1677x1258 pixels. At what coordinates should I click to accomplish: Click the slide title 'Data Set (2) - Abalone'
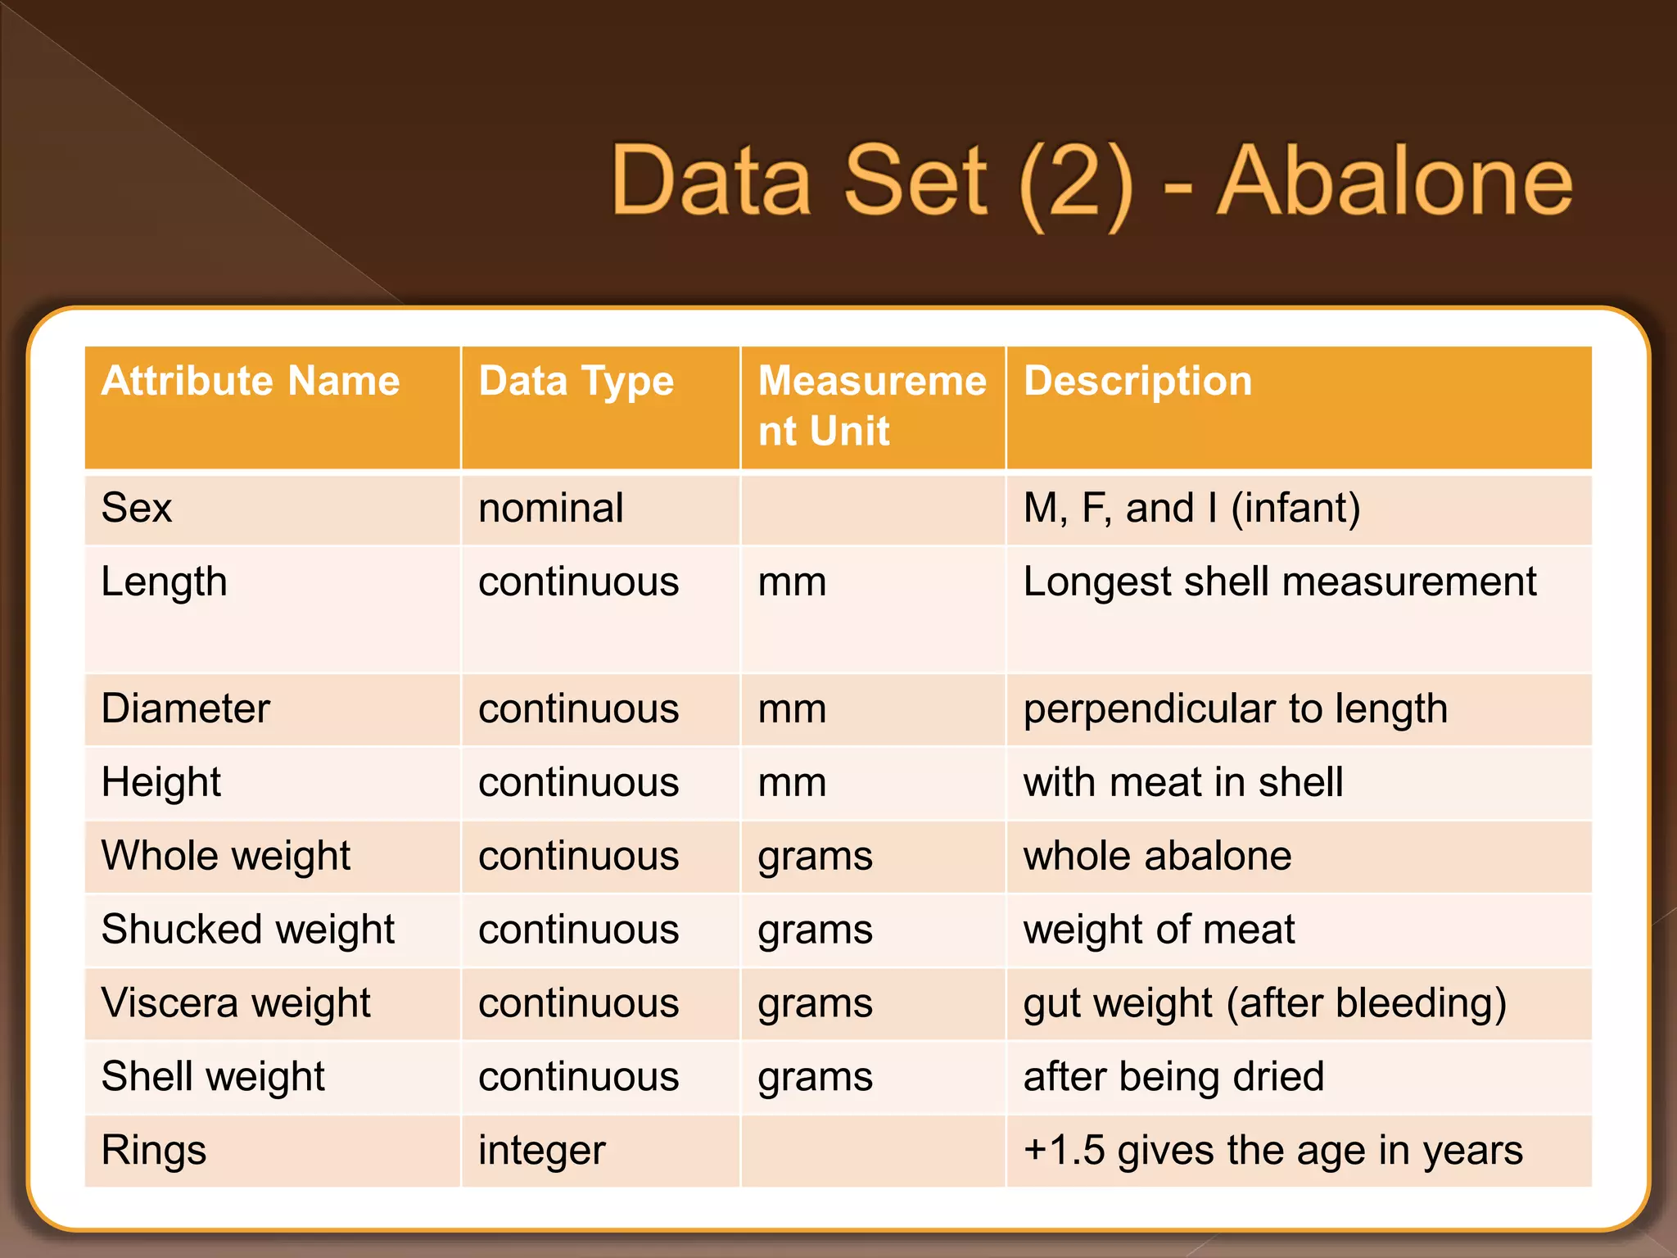point(1091,181)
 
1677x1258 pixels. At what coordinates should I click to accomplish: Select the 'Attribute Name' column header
point(251,382)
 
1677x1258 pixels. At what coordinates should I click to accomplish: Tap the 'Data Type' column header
point(576,382)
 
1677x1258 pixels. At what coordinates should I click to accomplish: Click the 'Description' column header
point(1137,382)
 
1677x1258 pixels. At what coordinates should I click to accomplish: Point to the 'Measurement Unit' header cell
point(872,405)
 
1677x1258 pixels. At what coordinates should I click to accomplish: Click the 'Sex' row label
point(137,508)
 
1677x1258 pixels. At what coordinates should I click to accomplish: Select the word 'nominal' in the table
point(550,508)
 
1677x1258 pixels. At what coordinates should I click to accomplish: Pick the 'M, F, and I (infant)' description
point(1191,508)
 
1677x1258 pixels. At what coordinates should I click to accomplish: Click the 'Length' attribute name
point(164,582)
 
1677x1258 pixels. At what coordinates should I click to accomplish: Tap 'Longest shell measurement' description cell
point(1279,582)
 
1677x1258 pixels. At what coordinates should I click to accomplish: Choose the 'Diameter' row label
point(185,708)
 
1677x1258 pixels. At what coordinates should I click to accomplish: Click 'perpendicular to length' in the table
point(1235,708)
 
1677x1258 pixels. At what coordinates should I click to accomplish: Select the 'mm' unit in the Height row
point(792,782)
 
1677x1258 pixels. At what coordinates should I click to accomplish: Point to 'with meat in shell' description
point(1182,782)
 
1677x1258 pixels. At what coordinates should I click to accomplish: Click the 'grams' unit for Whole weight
point(815,857)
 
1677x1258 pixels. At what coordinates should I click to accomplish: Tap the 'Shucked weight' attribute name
point(247,930)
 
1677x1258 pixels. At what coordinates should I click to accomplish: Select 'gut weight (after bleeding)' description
point(1264,1003)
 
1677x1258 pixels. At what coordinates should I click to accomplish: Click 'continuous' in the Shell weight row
point(578,1077)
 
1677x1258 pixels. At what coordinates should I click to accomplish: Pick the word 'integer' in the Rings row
point(541,1151)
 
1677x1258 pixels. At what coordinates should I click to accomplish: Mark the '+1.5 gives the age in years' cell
point(1272,1151)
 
